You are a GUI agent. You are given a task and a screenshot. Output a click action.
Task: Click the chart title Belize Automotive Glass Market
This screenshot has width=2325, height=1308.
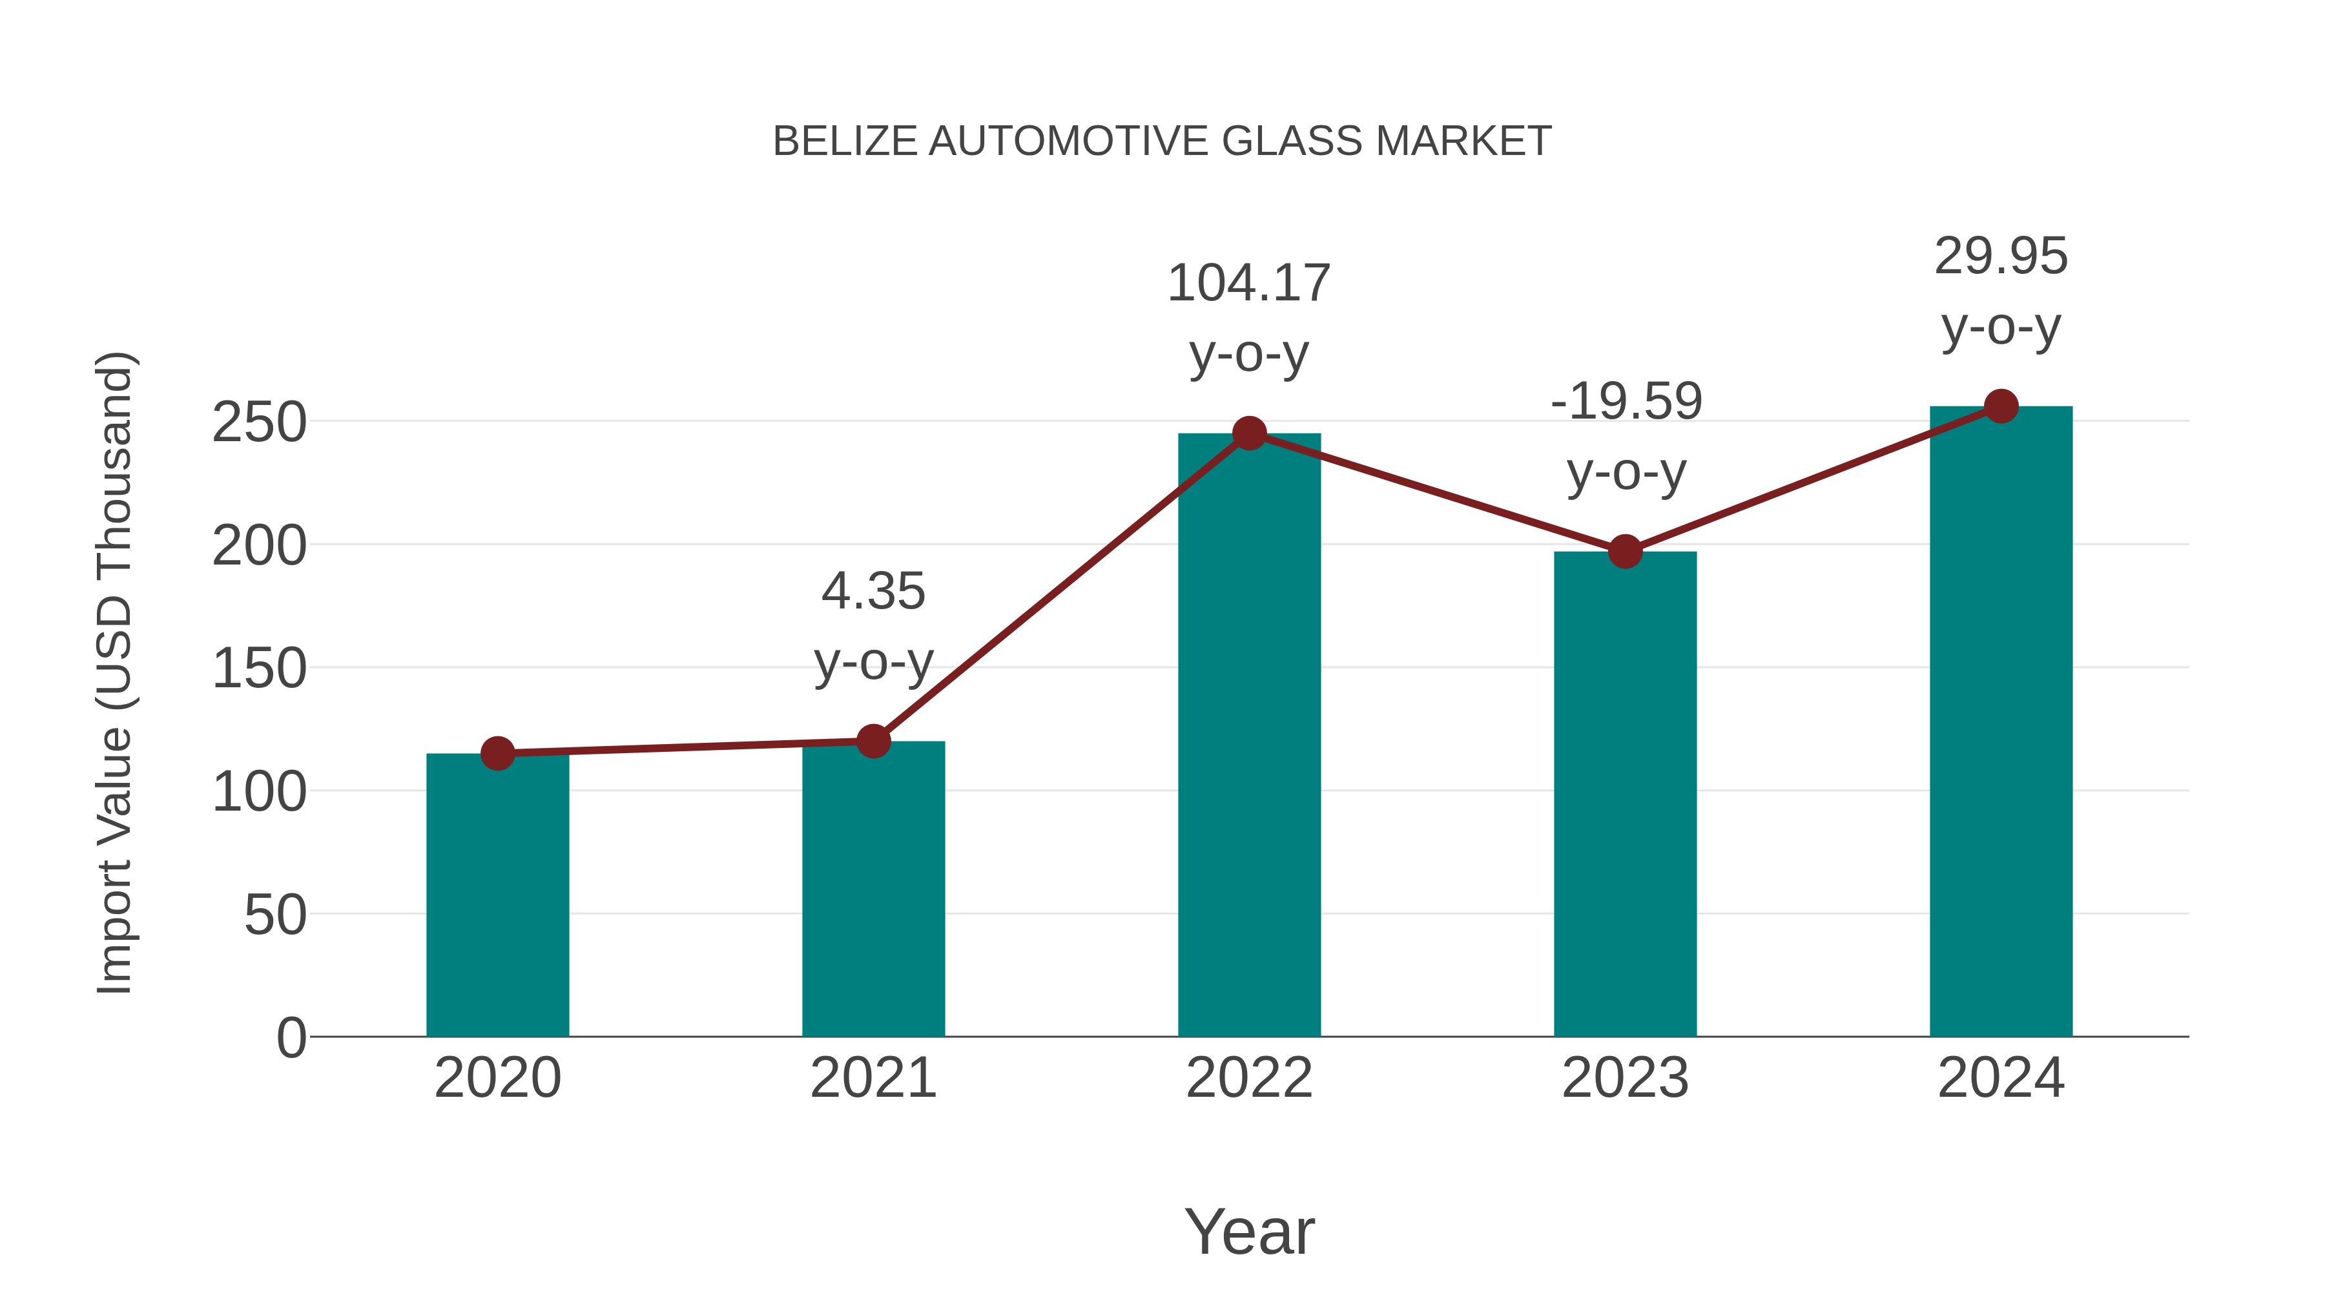1162,141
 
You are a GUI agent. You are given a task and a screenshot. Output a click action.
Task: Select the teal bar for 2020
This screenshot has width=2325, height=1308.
497,894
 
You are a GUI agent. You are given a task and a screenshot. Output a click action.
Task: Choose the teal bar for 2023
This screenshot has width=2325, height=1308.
1625,794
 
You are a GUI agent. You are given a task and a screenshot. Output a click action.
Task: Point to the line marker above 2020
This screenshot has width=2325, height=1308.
497,753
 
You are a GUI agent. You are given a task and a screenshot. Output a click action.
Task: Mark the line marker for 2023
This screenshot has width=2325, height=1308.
1625,552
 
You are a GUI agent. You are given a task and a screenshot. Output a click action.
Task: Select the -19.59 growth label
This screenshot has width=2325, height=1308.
1626,402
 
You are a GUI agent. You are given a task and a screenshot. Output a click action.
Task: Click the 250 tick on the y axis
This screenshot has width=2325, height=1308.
259,422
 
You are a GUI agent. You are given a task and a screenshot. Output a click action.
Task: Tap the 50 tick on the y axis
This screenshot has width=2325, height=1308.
275,915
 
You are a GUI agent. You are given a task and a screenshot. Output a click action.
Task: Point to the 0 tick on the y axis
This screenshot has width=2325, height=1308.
291,1038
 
